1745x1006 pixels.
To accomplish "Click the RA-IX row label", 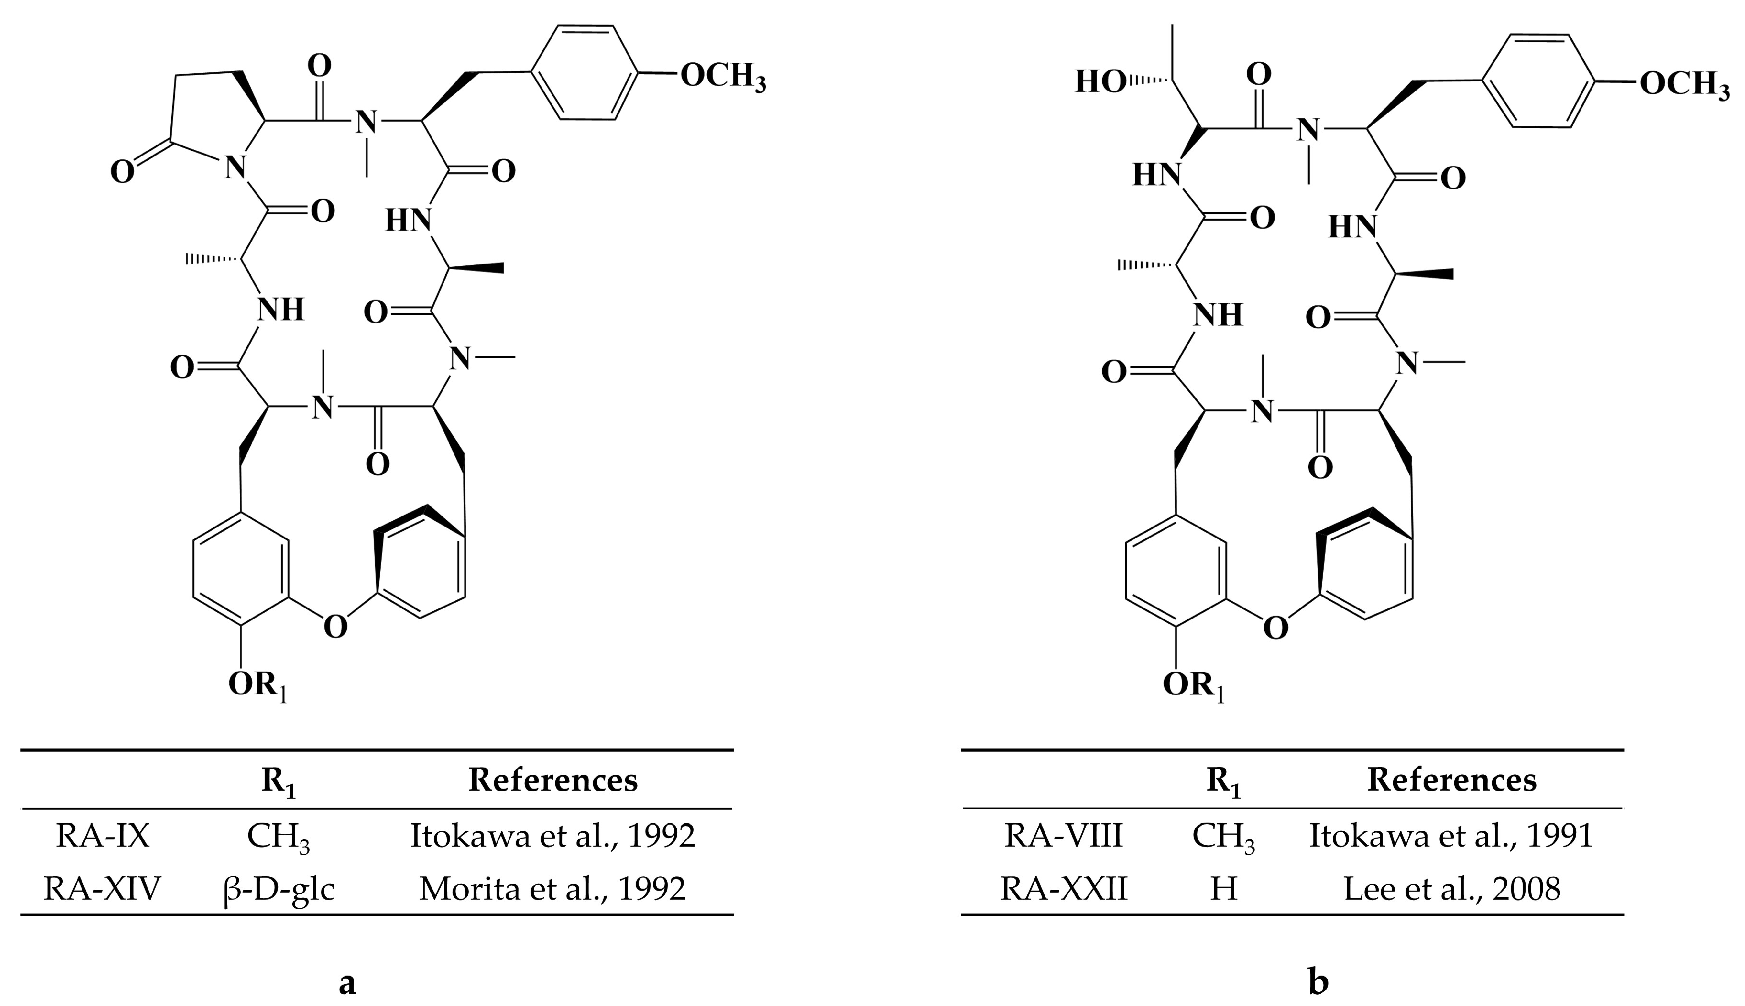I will tap(102, 836).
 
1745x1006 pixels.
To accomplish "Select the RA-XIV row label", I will tap(102, 888).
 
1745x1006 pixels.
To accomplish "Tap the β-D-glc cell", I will tap(279, 888).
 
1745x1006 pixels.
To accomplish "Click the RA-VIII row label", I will tap(1063, 836).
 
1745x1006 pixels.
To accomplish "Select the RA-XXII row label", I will tap(1063, 888).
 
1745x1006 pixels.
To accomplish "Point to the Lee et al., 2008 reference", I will tap(1452, 888).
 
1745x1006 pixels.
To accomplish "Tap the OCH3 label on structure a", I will tap(722, 76).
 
